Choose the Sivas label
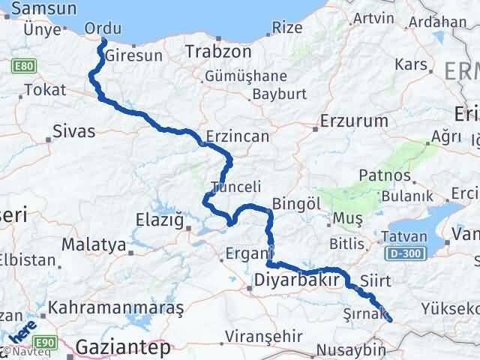(74, 132)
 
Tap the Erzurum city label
(354, 120)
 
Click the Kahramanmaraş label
(116, 308)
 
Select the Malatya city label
(93, 244)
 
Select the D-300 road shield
(407, 255)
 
